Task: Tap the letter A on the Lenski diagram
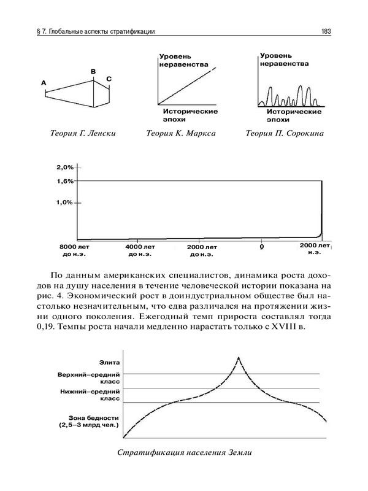pyautogui.click(x=44, y=82)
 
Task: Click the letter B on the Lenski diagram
pyautogui.click(x=93, y=72)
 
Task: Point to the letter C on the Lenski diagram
pyautogui.click(x=109, y=79)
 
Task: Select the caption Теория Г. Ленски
pyautogui.click(x=84, y=133)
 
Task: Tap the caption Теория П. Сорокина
pyautogui.click(x=284, y=133)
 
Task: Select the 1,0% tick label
pyautogui.click(x=64, y=203)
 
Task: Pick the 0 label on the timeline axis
pyautogui.click(x=262, y=247)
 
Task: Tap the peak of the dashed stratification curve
pyautogui.click(x=239, y=357)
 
